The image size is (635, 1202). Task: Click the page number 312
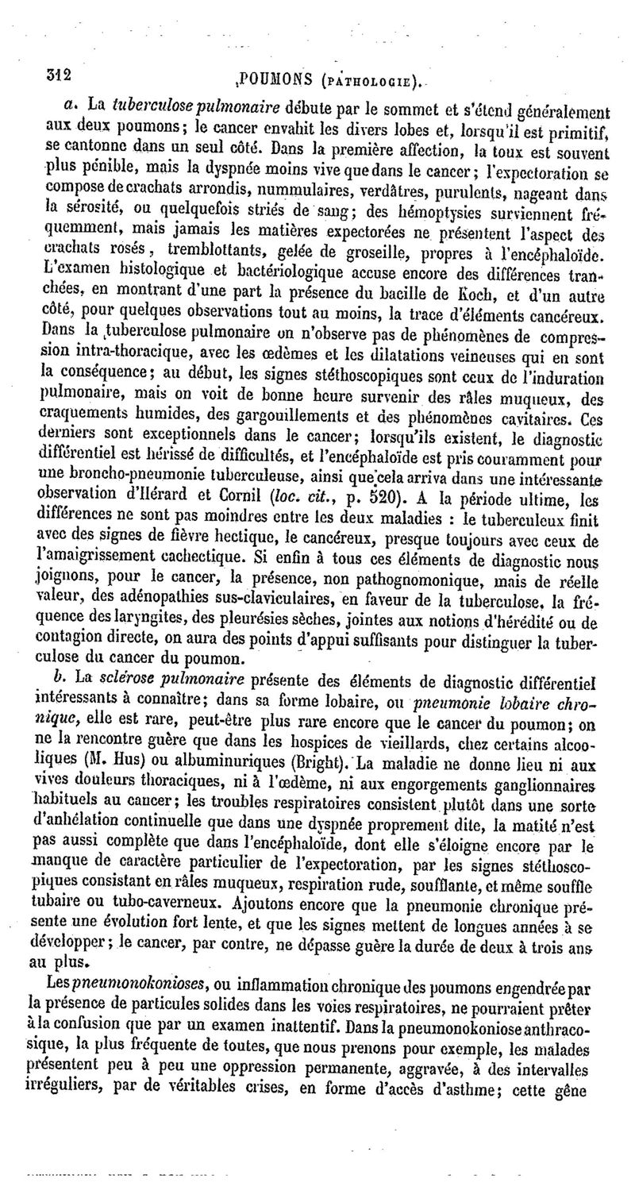(58, 76)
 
